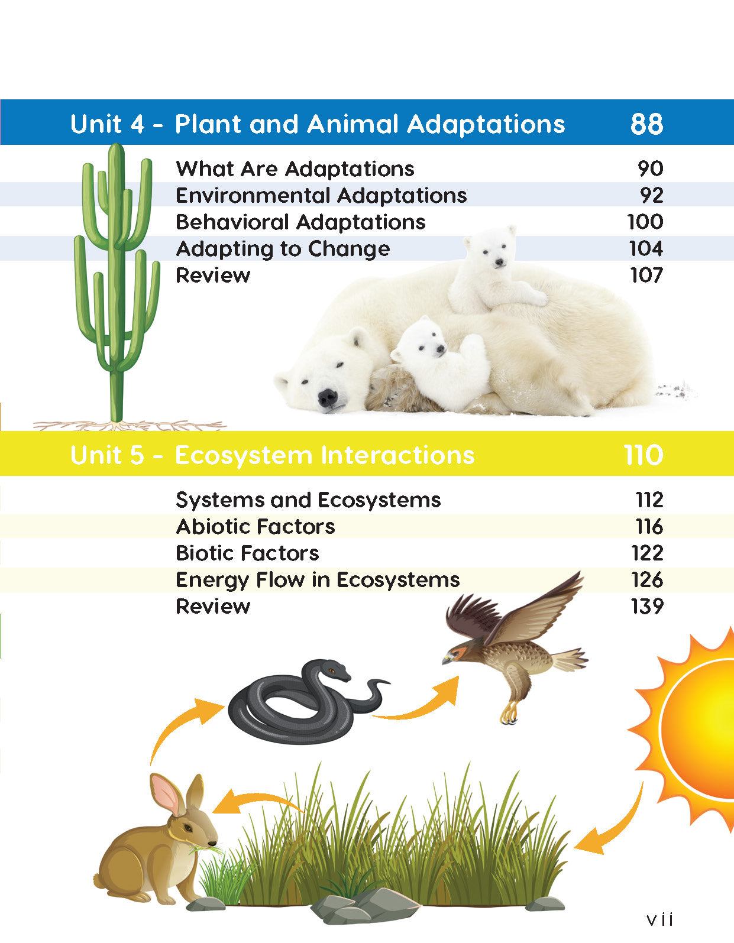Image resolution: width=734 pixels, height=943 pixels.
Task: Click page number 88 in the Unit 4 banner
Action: pos(646,124)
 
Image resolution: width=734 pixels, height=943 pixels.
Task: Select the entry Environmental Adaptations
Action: pos(321,195)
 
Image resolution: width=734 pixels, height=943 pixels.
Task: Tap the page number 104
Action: pos(646,249)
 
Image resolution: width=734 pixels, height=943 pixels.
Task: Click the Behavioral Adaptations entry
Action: pos(300,222)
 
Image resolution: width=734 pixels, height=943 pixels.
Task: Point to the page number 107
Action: pos(646,275)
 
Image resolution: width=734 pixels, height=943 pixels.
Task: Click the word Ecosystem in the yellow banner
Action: pos(244,456)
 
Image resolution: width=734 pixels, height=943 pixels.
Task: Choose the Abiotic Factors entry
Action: pos(256,526)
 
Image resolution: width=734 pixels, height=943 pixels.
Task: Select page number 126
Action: pos(647,580)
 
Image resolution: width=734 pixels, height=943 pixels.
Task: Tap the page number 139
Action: pos(647,606)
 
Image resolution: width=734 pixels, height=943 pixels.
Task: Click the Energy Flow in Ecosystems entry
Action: pos(317,580)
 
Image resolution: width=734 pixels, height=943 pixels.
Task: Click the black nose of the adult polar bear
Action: pos(327,396)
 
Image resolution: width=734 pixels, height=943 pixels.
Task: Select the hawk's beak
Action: pos(447,660)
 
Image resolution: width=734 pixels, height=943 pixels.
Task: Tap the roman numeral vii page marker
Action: pos(659,919)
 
